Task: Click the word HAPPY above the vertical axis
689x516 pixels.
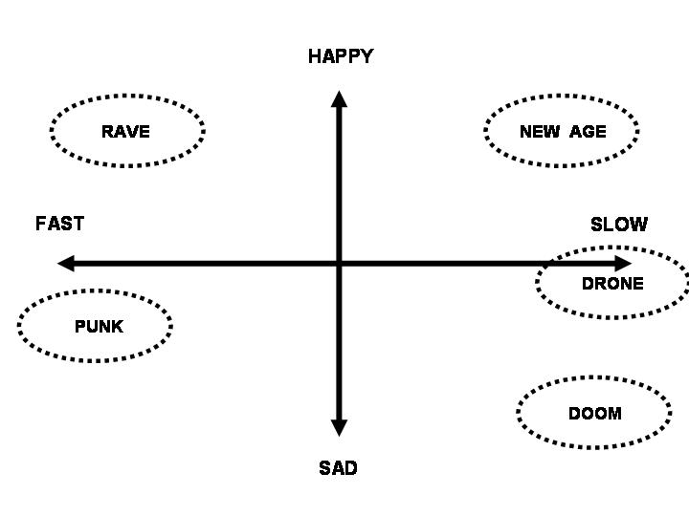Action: coord(340,56)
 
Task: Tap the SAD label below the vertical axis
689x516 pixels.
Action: coord(338,468)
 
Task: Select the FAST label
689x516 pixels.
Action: coord(59,224)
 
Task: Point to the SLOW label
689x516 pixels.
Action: coord(618,225)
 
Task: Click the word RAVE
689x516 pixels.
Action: coord(125,132)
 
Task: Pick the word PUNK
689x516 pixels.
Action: coord(99,327)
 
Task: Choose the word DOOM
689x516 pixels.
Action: coord(594,414)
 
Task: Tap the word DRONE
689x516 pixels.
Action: coord(612,284)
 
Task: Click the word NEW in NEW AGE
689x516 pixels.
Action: coord(539,132)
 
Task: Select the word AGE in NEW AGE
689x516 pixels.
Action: coord(588,132)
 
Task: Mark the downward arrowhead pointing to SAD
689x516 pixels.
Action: coord(338,427)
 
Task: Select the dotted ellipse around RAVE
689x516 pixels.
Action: coord(127,97)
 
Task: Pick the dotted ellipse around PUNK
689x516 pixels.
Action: coord(95,291)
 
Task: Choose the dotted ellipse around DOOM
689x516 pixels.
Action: coord(593,379)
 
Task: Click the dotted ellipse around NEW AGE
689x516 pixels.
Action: coord(562,97)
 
